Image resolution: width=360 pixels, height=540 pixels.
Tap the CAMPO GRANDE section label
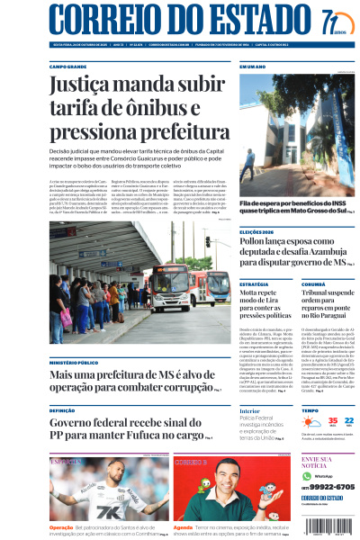[x=68, y=67]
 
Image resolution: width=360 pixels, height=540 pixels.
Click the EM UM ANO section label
[x=253, y=67]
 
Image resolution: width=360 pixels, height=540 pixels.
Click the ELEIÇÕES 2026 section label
[x=258, y=232]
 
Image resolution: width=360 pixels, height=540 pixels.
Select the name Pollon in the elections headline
[x=256, y=245]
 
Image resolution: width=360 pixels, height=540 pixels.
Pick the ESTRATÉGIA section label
[x=254, y=284]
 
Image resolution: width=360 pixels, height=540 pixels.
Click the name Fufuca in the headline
[x=181, y=434]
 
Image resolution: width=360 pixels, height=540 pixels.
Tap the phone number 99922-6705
[x=330, y=486]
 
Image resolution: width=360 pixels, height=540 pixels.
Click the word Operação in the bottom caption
[x=61, y=526]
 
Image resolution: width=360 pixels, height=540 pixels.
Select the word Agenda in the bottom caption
[x=183, y=526]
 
